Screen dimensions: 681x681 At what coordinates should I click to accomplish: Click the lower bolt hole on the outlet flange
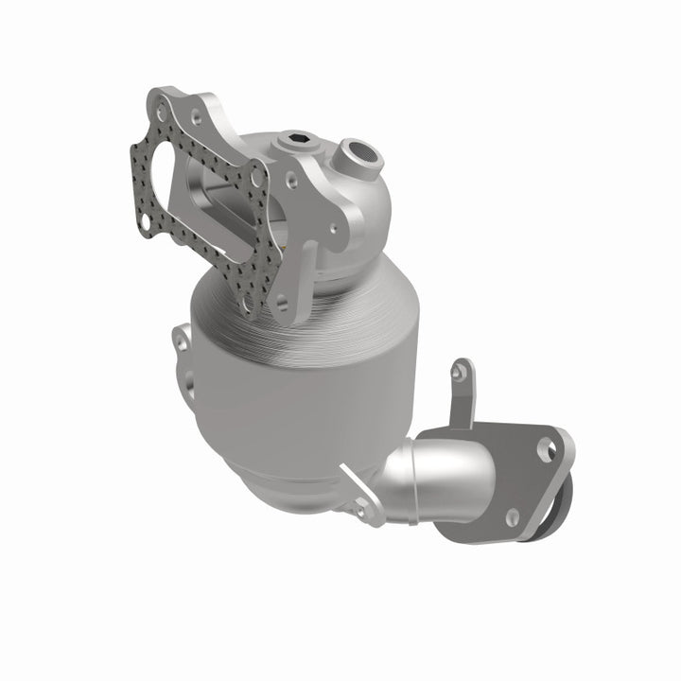pyautogui.click(x=513, y=516)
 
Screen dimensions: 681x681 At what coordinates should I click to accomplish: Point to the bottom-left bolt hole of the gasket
pyautogui.click(x=145, y=221)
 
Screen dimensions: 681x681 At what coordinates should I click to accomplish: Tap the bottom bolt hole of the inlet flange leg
pyautogui.click(x=279, y=305)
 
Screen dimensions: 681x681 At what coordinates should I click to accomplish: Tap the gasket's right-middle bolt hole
pyautogui.click(x=256, y=176)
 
